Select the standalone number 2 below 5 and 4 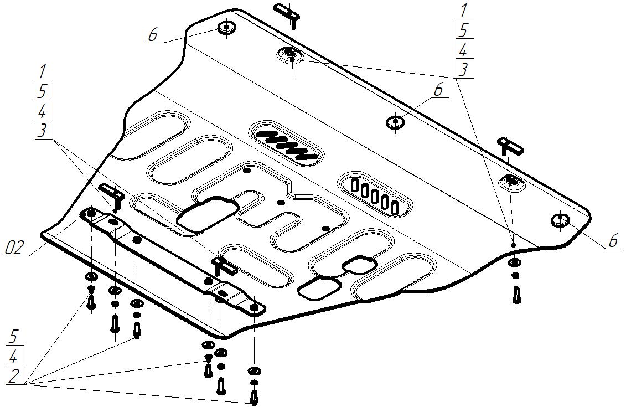click(15, 375)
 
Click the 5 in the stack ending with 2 click(15, 336)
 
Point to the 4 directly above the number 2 click(15, 356)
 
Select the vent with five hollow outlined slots click(376, 194)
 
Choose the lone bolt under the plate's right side click(516, 293)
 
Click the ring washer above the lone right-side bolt click(514, 263)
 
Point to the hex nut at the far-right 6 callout click(561, 220)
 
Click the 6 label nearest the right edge click(612, 241)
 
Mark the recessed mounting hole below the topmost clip click(290, 54)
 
